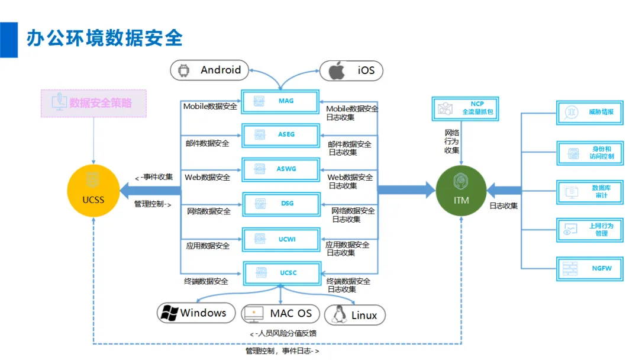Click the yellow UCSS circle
tap(93, 191)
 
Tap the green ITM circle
tap(461, 191)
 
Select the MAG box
tap(280, 101)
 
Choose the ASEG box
tap(280, 135)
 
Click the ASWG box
tap(281, 169)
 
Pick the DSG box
tap(281, 204)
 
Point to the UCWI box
tap(281, 239)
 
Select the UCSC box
tap(282, 273)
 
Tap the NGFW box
tap(590, 269)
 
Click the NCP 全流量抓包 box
tap(466, 109)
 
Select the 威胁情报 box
tap(590, 112)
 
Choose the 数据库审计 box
tap(590, 192)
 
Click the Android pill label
tap(209, 70)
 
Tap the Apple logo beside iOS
tap(337, 70)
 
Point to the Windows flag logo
tap(170, 313)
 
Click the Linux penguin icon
tap(339, 314)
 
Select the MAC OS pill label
tap(280, 314)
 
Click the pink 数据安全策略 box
tap(93, 104)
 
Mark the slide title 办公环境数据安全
tap(105, 38)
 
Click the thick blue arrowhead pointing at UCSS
tap(125, 191)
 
